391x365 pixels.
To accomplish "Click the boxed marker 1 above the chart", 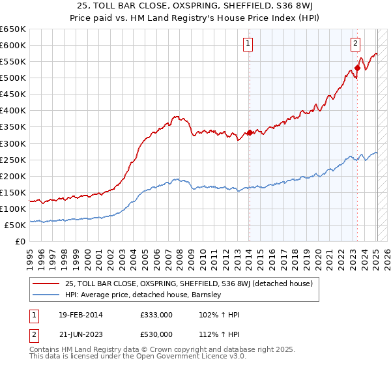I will [248, 44].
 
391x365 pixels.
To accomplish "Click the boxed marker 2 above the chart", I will [355, 44].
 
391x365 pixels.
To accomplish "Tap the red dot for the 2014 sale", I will [250, 132].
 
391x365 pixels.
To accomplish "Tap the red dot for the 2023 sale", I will [358, 68].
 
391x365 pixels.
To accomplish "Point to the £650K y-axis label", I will [13, 29].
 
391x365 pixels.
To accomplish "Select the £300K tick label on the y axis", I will [13, 143].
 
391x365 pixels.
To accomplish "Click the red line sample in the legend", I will [47, 284].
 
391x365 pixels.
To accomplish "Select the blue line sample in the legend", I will [47, 295].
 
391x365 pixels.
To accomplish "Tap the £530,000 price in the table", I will [156, 334].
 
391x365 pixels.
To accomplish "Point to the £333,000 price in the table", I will [156, 315].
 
